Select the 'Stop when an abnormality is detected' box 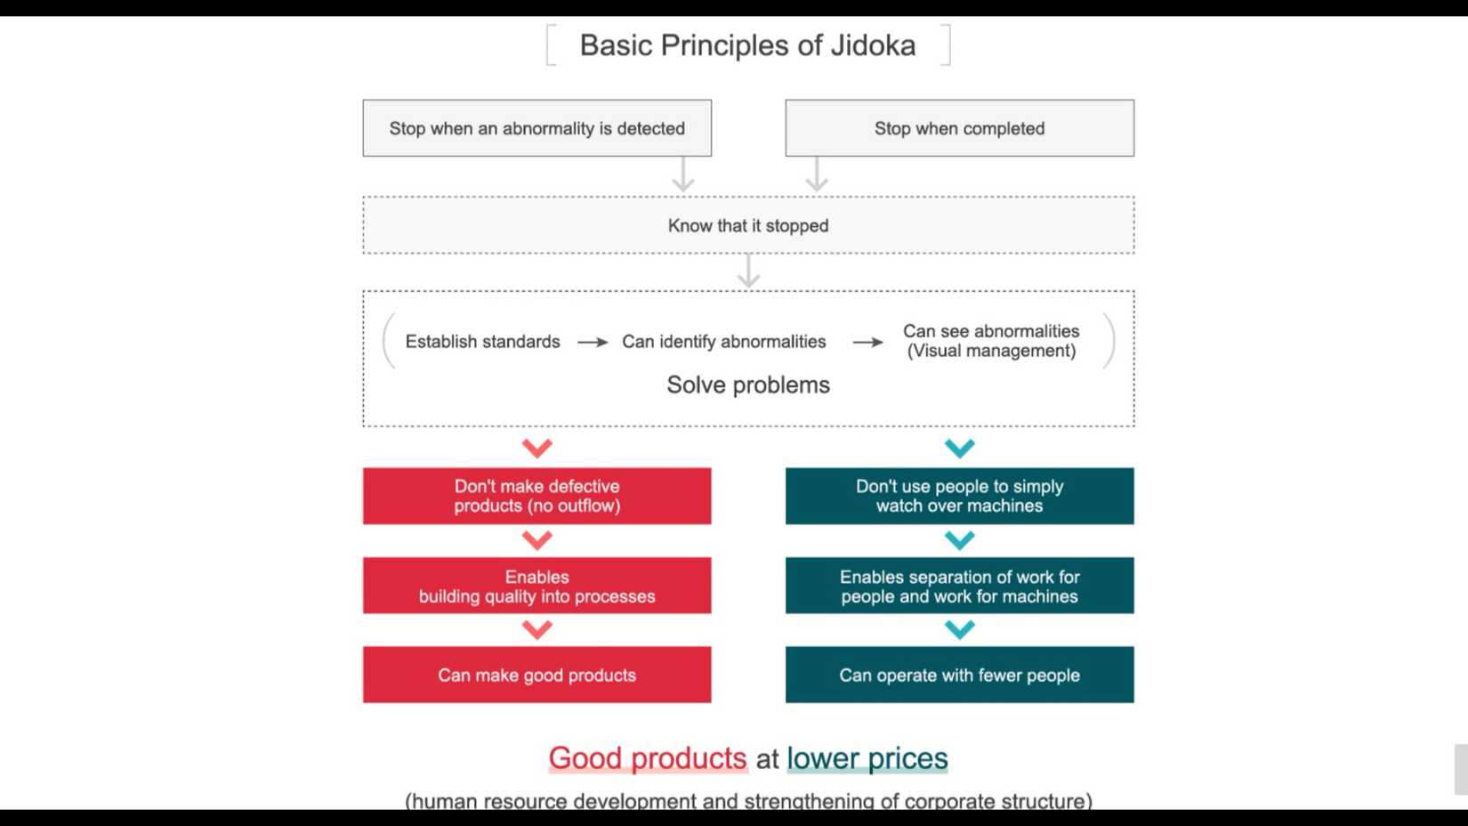coord(536,128)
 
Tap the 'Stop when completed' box coord(959,128)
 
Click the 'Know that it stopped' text coord(747,226)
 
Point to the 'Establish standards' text coord(482,342)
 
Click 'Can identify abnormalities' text coord(723,342)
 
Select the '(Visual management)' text coord(991,352)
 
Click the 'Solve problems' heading coord(747,385)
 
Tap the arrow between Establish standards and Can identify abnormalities coord(593,342)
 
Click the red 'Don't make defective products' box coord(536,496)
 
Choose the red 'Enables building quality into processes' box coord(536,586)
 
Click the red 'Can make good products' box coord(536,675)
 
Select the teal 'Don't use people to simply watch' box coord(959,496)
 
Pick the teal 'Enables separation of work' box coord(959,586)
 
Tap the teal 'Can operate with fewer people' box coord(959,675)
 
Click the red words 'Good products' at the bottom coord(647,758)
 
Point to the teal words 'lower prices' coord(867,758)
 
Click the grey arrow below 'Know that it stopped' coord(748,271)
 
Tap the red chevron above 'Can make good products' coord(536,630)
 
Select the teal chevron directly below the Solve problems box coord(959,448)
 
